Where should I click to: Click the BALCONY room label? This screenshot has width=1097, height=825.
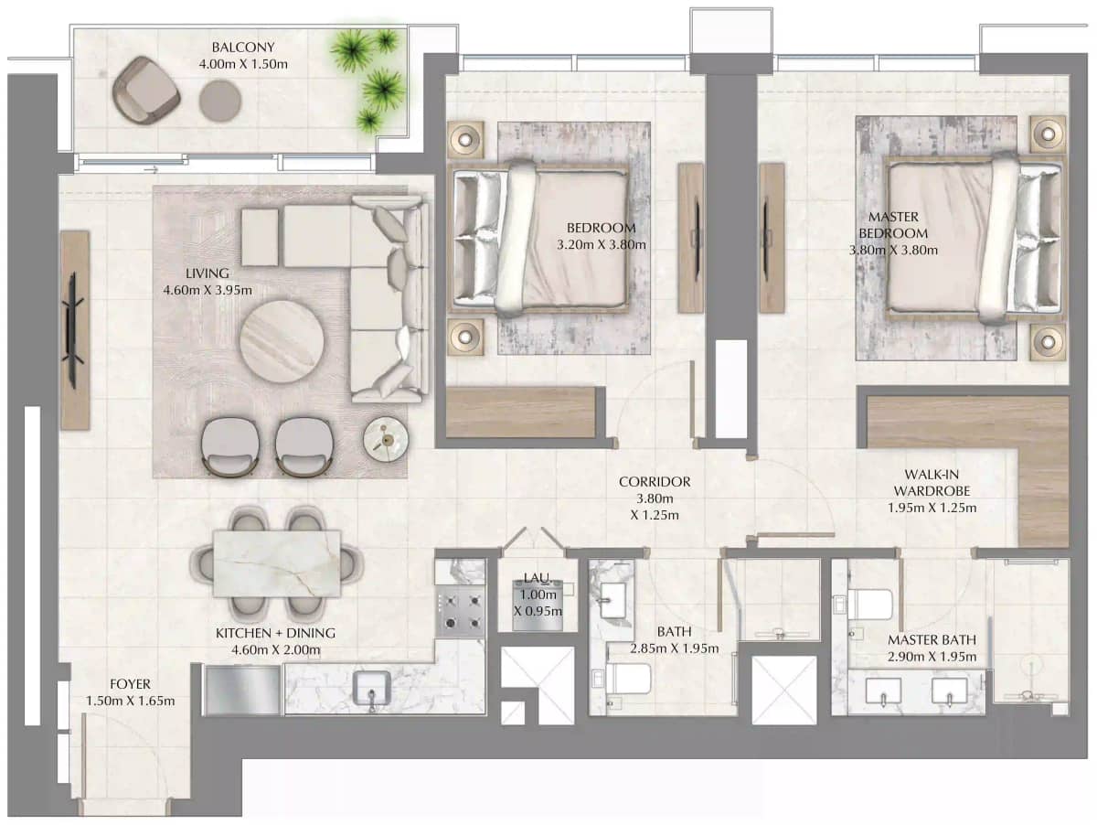point(243,48)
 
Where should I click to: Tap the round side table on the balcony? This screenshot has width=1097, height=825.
point(220,100)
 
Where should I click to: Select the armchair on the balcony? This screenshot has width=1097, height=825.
point(145,89)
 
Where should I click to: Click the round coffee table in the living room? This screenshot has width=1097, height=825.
point(282,342)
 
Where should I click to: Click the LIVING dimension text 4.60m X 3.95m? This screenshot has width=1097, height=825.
point(207,291)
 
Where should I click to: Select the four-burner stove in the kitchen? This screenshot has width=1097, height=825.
point(460,612)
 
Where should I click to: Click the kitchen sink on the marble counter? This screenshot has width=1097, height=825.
point(373,688)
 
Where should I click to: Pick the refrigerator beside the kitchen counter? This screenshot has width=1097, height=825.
point(242,690)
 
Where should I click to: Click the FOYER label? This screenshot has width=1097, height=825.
point(130,684)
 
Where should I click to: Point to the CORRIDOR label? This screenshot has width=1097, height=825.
point(655,482)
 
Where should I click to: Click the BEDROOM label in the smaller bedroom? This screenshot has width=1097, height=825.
point(601,228)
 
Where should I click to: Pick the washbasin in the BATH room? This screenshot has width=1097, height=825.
point(610,598)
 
